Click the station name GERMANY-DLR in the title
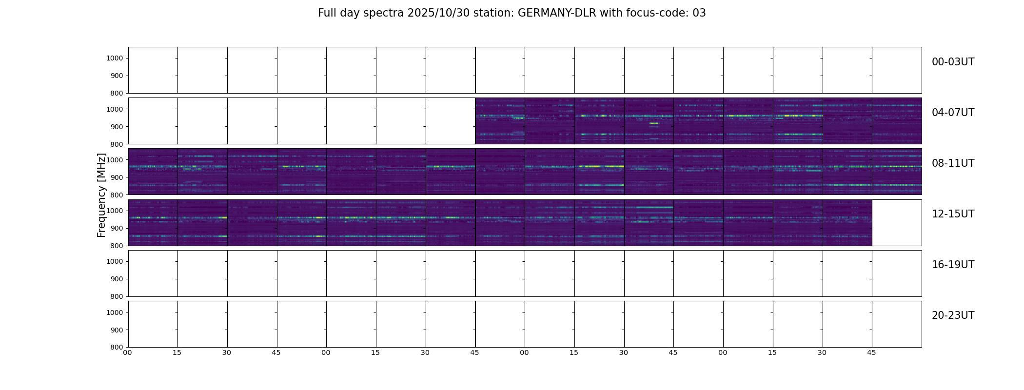pos(556,13)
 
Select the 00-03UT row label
pos(953,62)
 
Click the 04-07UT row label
pos(953,113)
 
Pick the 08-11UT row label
pos(953,163)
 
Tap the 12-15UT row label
pos(953,214)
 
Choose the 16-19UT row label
pos(953,265)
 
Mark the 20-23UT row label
pos(953,315)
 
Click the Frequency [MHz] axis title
pos(101,195)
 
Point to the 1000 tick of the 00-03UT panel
pos(115,58)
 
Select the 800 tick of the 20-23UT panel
pos(117,347)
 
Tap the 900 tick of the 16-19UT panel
pos(117,279)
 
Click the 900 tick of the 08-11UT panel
pos(117,177)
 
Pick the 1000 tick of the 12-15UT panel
pos(115,211)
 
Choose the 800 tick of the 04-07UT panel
pos(117,144)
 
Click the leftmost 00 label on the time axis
pos(128,352)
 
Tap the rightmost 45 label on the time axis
pos(871,352)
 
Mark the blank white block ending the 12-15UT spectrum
pos(897,223)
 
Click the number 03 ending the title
pos(699,13)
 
